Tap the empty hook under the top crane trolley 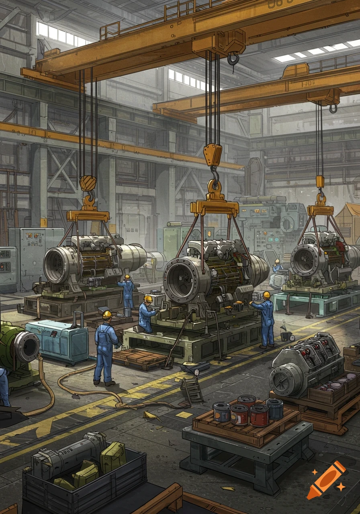pyautogui.click(x=233, y=59)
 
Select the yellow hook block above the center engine pyautogui.click(x=212, y=155)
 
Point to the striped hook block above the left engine pyautogui.click(x=88, y=183)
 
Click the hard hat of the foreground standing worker pyautogui.click(x=107, y=314)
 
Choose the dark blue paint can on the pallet pyautogui.click(x=274, y=409)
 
